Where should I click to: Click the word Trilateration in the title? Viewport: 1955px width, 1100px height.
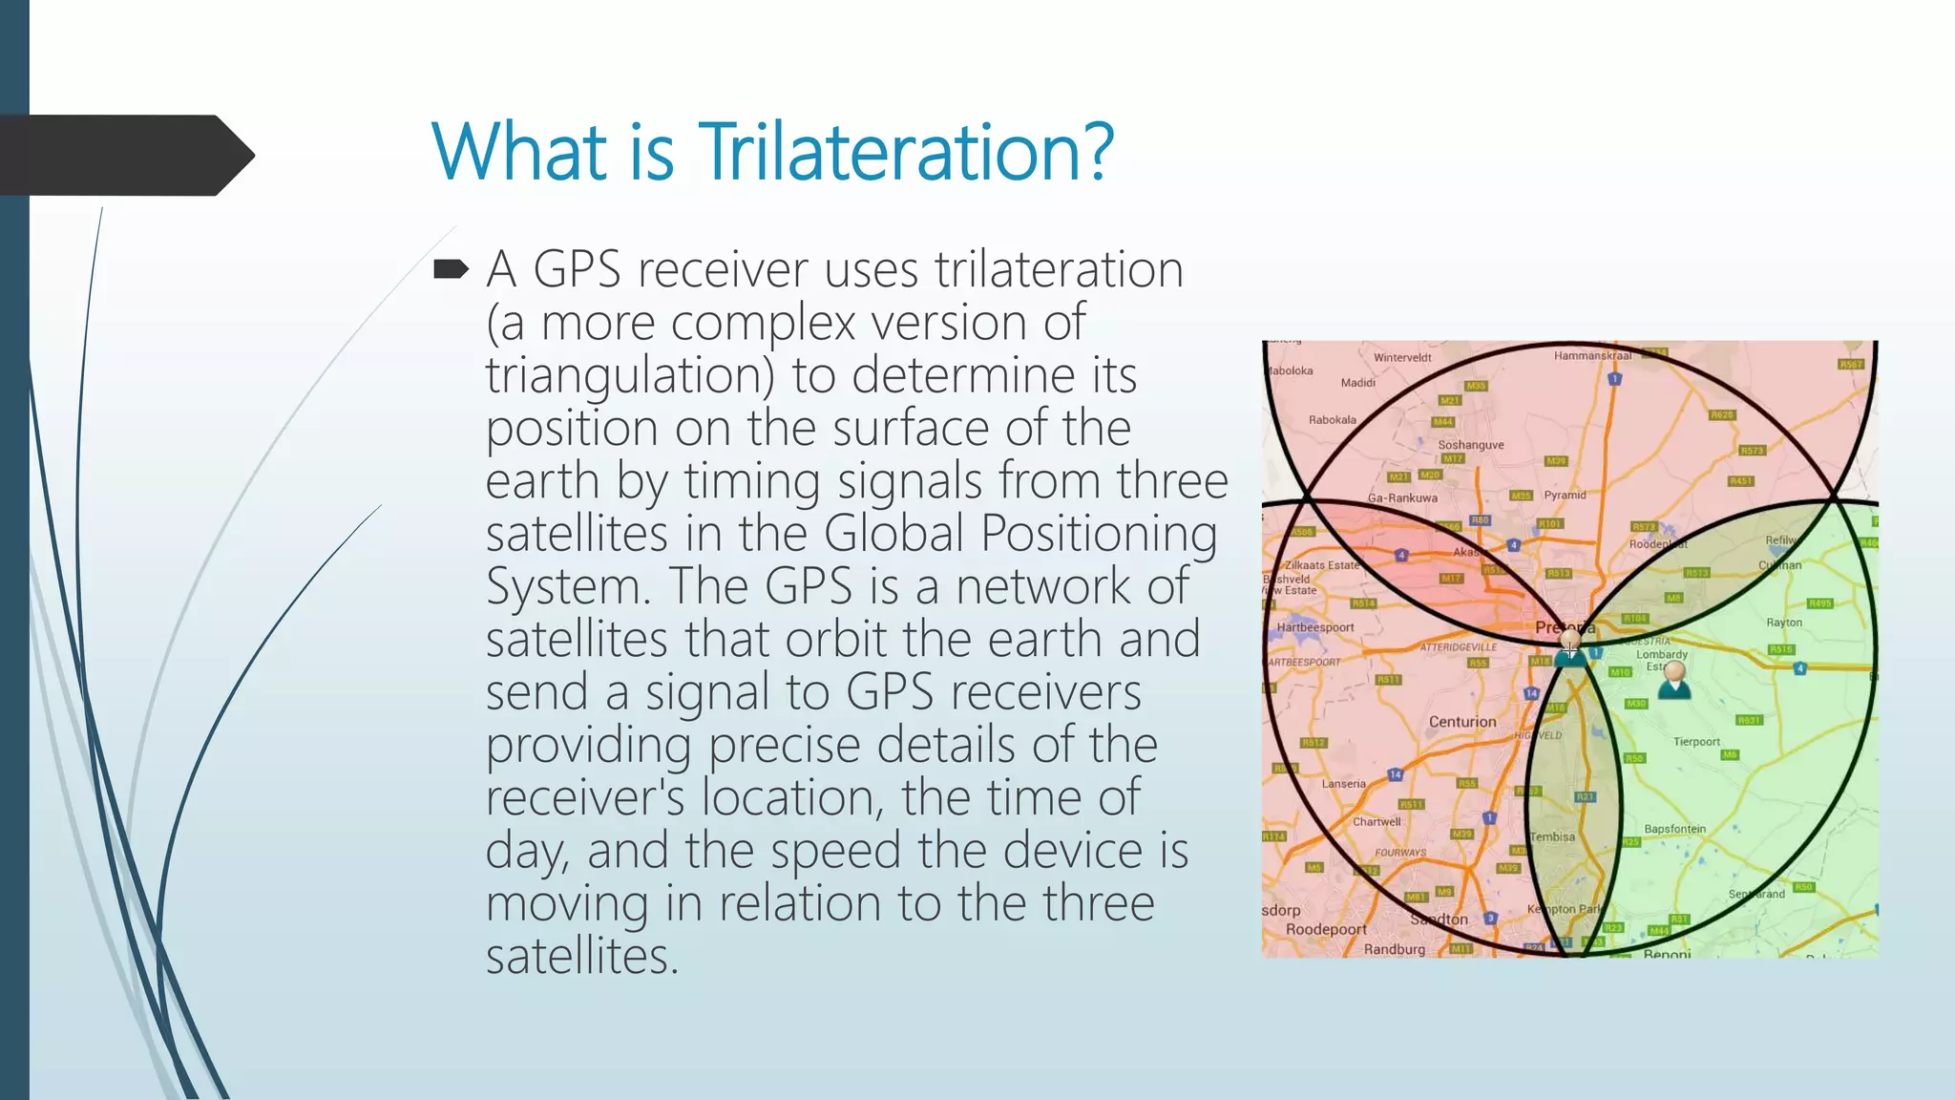pos(905,152)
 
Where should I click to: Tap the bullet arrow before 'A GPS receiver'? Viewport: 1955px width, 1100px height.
pos(451,270)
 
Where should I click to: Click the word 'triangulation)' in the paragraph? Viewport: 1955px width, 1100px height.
pos(629,375)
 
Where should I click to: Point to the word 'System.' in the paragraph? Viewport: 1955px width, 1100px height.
pos(568,586)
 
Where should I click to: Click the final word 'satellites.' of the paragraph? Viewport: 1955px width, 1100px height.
pos(581,956)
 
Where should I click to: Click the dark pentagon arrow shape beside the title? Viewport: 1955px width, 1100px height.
pos(124,156)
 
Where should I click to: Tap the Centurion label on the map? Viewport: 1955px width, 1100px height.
pos(1462,722)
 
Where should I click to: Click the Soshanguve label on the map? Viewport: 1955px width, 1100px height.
pos(1470,445)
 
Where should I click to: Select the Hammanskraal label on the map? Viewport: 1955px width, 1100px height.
pos(1592,355)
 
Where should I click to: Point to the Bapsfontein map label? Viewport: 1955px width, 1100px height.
pos(1674,829)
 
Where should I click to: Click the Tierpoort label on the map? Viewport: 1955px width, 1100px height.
pos(1696,742)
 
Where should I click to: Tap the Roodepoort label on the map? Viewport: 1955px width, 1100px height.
pos(1326,929)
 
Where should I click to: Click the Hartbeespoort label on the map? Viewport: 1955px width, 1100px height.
pos(1315,627)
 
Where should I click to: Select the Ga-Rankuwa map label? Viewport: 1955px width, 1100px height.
pos(1402,497)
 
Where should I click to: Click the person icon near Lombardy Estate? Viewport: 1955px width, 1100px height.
pos(1673,681)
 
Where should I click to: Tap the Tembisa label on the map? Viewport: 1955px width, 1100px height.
pos(1552,836)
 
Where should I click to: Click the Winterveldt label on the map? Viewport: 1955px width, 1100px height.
pos(1402,358)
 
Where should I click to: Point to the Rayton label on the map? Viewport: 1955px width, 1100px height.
pos(1783,623)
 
